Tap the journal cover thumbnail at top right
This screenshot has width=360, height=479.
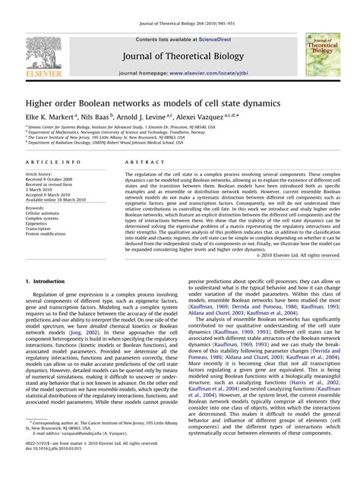(323, 56)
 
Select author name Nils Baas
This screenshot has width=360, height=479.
(96, 118)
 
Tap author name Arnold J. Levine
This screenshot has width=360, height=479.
(149, 118)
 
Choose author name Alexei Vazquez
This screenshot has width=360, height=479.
(208, 118)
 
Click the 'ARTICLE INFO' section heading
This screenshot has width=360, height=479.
(52, 162)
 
